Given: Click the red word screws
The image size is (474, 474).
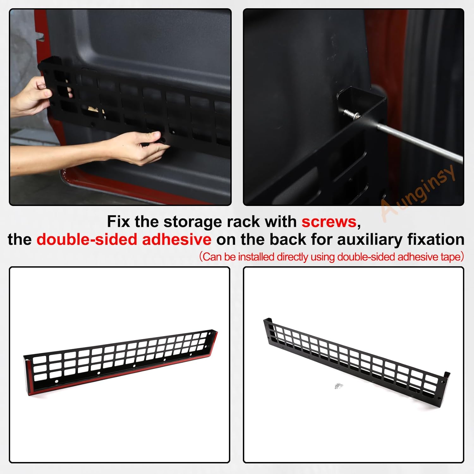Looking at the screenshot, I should (329, 222).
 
